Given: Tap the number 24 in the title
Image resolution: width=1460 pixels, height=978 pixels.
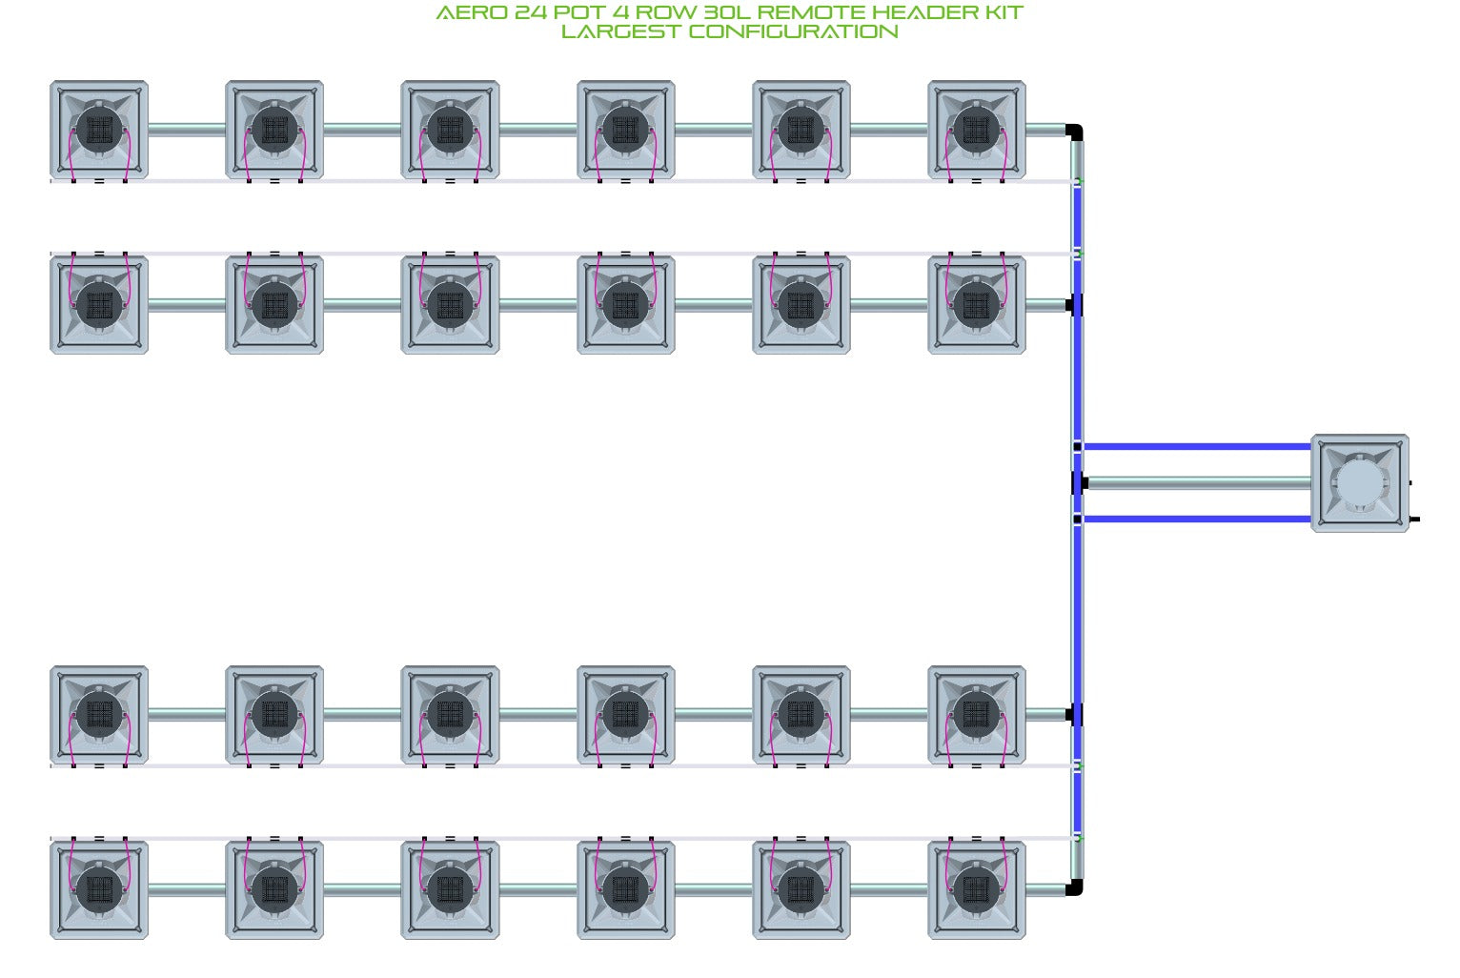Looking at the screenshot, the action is point(531,12).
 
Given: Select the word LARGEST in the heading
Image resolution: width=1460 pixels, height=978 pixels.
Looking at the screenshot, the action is point(620,31).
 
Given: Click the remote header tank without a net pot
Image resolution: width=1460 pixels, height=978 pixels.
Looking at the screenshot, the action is point(1360,483).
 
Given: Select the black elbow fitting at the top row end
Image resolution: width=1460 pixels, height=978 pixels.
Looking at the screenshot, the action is point(1075,132).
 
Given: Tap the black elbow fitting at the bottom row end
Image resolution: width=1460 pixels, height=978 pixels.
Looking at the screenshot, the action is point(1075,887).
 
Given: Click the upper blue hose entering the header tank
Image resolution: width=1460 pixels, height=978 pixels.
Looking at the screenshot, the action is point(1197,447).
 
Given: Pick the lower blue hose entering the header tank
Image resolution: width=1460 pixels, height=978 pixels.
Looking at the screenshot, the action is point(1197,519).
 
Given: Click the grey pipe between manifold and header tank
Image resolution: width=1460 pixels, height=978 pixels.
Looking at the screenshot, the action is point(1199,483).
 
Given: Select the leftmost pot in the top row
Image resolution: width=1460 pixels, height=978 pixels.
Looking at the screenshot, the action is point(99,130).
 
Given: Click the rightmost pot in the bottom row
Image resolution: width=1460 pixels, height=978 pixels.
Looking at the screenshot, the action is point(977,890).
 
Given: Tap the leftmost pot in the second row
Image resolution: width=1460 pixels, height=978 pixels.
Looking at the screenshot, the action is point(99,305).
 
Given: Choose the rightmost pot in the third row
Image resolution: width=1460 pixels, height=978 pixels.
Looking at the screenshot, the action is point(977,715).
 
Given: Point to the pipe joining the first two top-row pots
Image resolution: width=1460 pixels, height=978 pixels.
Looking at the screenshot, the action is point(187,130).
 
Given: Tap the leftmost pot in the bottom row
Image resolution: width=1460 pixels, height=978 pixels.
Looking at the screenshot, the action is point(99,890).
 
